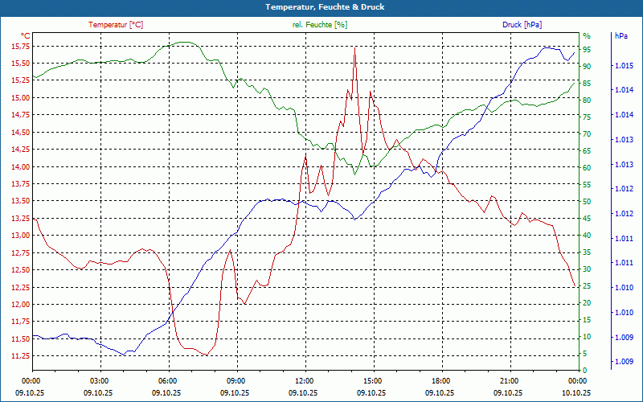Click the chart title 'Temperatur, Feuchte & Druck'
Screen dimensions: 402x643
pyautogui.click(x=321, y=7)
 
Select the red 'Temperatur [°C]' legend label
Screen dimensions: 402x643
pyautogui.click(x=116, y=25)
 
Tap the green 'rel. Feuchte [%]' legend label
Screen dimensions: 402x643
pyautogui.click(x=320, y=25)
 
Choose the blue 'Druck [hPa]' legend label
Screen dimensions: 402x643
pyautogui.click(x=522, y=25)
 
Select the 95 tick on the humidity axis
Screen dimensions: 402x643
pyautogui.click(x=587, y=49)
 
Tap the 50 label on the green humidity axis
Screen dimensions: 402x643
pyautogui.click(x=587, y=201)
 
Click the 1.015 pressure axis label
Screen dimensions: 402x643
pyautogui.click(x=623, y=65)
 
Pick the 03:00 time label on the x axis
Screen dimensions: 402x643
pyautogui.click(x=99, y=380)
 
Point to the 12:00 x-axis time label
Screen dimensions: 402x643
pyautogui.click(x=305, y=380)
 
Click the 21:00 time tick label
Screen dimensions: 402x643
pyautogui.click(x=510, y=380)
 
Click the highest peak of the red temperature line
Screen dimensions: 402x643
pyautogui.click(x=354, y=47)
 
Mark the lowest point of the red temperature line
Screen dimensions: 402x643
pyautogui.click(x=206, y=355)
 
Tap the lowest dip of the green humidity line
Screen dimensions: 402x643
pyautogui.click(x=354, y=174)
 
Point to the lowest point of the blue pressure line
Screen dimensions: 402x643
pyautogui.click(x=125, y=355)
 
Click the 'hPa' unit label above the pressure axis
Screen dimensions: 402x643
pyautogui.click(x=621, y=36)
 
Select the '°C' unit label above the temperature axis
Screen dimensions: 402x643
pyautogui.click(x=25, y=36)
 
